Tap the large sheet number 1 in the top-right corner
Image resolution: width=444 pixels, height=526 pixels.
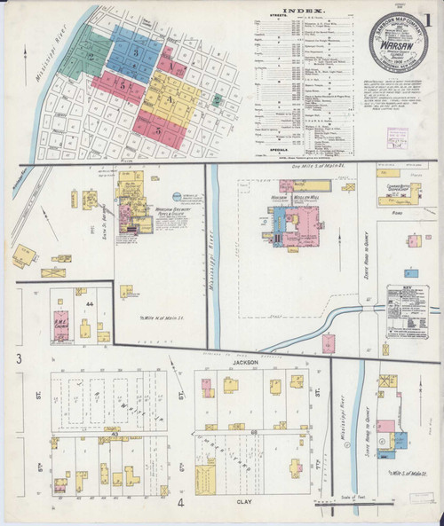coord(432,18)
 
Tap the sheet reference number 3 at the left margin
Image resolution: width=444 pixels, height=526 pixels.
coord(18,358)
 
